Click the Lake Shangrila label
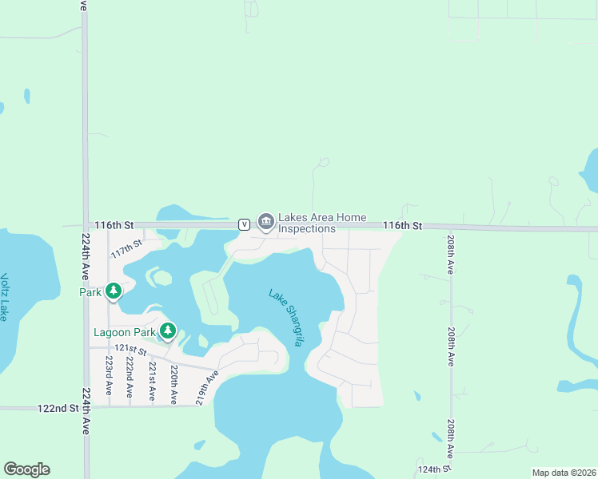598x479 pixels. [x=286, y=317]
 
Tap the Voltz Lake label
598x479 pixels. [x=5, y=297]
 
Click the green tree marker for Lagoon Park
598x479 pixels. [x=167, y=330]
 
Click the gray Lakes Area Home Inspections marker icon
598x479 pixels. [x=265, y=220]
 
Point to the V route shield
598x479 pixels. [x=244, y=224]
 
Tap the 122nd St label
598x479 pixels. [x=58, y=408]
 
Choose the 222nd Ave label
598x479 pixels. [x=129, y=377]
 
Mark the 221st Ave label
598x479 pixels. [x=150, y=378]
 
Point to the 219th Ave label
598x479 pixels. [x=206, y=386]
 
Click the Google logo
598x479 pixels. [x=26, y=469]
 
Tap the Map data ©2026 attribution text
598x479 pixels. [x=563, y=473]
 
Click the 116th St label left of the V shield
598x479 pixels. [x=113, y=226]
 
